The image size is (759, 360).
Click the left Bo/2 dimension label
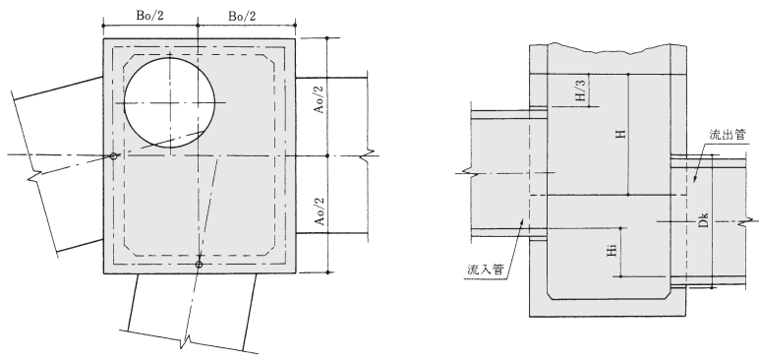(x=150, y=16)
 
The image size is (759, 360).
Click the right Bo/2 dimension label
(x=242, y=16)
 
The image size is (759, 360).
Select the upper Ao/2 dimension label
(x=319, y=99)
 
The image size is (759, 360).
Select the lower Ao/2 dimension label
(x=319, y=210)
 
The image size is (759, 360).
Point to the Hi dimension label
(x=613, y=251)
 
